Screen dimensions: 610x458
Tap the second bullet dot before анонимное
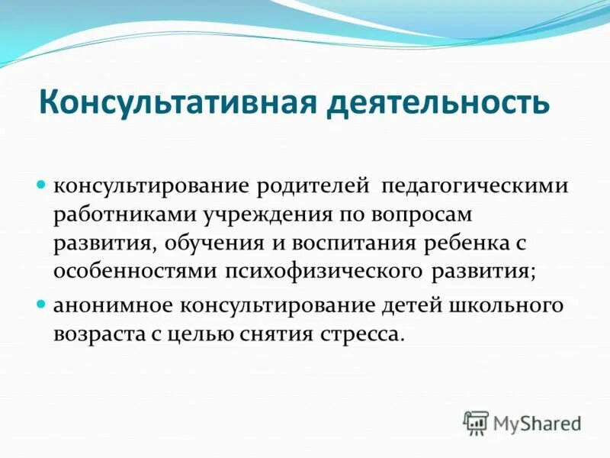pos(43,304)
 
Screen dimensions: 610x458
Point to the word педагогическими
pos(476,187)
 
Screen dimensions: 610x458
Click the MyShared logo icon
pos(476,421)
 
